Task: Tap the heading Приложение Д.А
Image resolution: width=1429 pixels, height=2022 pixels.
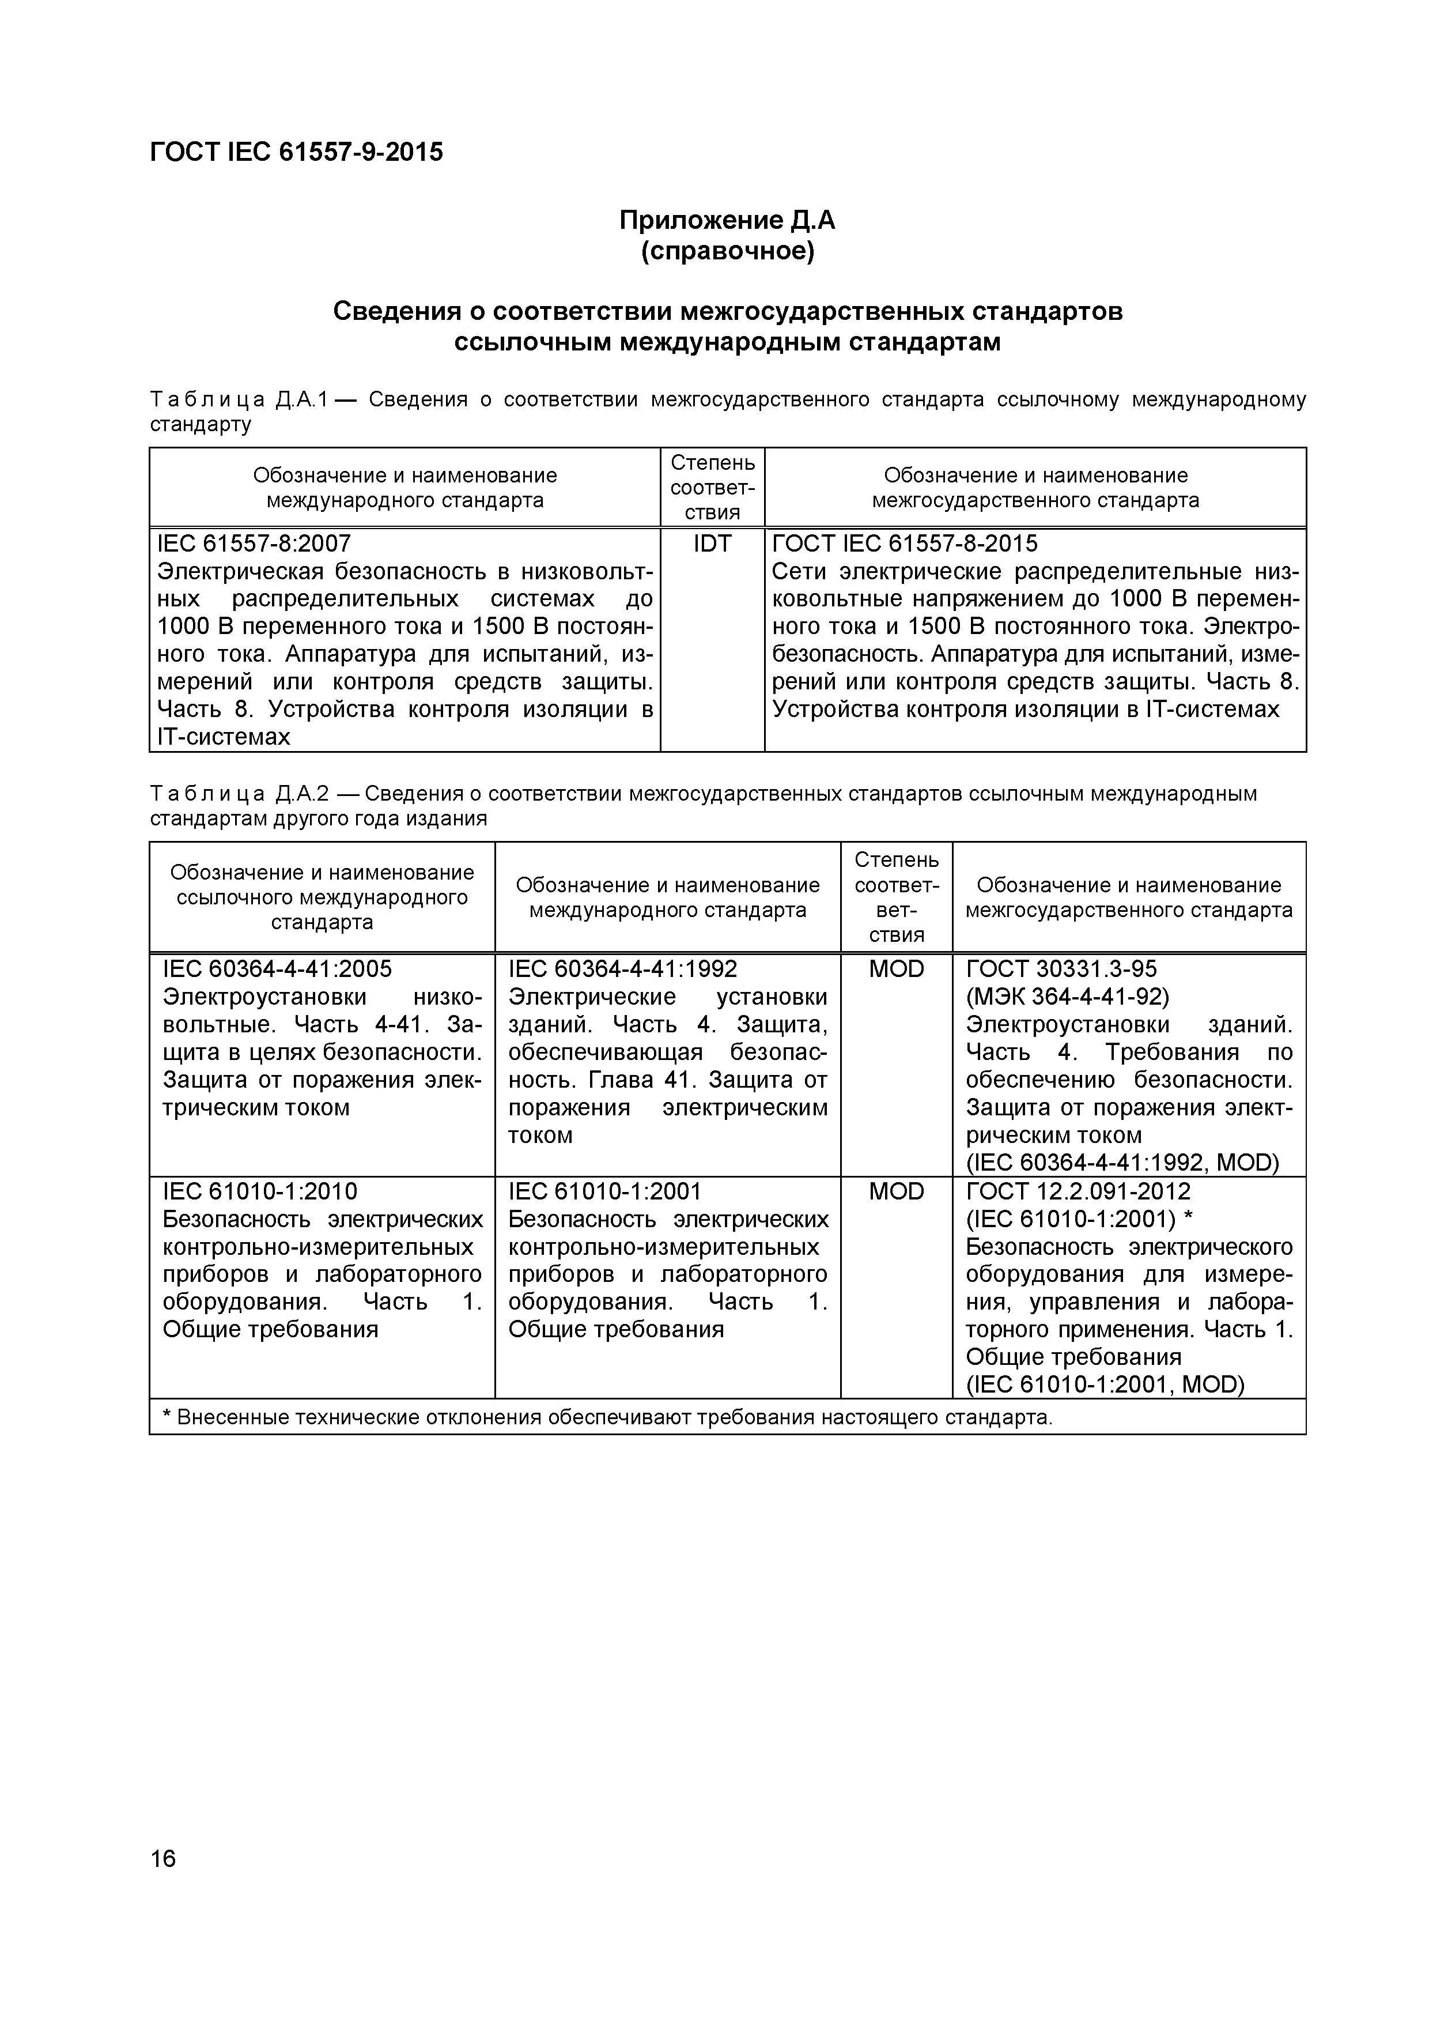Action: click(x=727, y=220)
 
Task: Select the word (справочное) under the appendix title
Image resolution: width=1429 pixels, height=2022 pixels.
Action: click(x=727, y=252)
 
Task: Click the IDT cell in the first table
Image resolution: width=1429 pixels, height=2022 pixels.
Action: click(x=712, y=544)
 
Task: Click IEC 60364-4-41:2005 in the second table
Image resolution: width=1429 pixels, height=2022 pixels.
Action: click(x=277, y=969)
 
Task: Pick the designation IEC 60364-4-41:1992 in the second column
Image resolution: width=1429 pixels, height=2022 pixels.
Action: click(x=622, y=969)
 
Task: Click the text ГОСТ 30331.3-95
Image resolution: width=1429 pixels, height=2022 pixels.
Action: click(x=1061, y=969)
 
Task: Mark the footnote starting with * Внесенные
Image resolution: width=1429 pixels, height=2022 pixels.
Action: click(x=607, y=1417)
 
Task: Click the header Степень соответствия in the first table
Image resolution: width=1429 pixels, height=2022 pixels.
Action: click(x=712, y=487)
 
